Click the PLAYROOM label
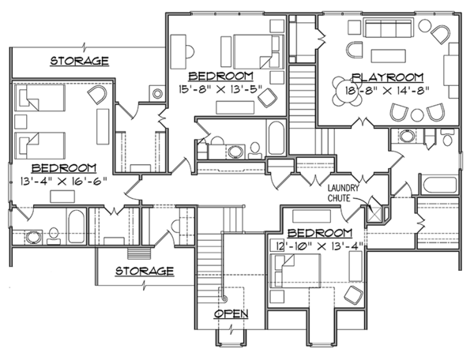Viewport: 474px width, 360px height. click(388, 77)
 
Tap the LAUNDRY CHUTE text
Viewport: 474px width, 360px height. click(343, 193)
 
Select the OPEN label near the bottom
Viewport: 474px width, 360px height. click(231, 313)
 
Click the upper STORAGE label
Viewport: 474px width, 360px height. click(79, 61)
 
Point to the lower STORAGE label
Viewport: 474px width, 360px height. click(145, 271)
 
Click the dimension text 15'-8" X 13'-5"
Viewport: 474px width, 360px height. click(220, 90)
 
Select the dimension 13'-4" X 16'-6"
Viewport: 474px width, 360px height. click(64, 182)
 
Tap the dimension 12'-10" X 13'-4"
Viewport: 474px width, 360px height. click(319, 246)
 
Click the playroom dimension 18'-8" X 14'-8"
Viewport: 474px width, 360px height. click(387, 90)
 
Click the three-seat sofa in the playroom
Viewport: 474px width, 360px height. click(389, 28)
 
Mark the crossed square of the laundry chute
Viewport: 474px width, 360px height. click(374, 215)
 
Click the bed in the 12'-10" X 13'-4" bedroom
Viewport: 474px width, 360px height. click(295, 271)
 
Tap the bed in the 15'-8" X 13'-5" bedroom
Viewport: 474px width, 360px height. click(259, 51)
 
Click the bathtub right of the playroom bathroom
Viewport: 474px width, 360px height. click(440, 185)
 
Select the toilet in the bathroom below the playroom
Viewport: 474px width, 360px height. click(447, 137)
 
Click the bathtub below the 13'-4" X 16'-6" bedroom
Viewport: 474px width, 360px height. click(76, 227)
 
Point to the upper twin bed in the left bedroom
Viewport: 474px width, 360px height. click(40, 98)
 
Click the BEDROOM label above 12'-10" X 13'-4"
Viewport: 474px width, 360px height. click(320, 233)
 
